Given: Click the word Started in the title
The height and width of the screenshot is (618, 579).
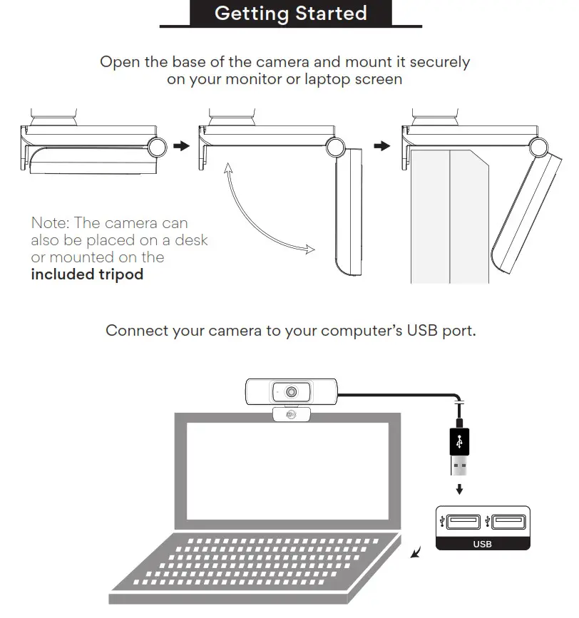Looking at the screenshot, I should pyautogui.click(x=330, y=14).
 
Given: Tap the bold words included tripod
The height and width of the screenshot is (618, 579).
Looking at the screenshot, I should pyautogui.click(x=87, y=274).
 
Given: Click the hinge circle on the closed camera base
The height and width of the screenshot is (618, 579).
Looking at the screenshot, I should pyautogui.click(x=159, y=147).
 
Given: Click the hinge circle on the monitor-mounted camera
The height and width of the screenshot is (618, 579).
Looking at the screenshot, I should pyautogui.click(x=539, y=147).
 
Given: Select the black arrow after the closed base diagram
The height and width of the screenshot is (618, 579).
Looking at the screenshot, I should pyautogui.click(x=183, y=146).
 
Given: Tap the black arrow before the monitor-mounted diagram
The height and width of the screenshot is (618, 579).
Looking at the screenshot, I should pyautogui.click(x=383, y=146).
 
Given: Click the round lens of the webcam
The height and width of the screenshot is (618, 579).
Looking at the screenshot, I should pyautogui.click(x=292, y=392).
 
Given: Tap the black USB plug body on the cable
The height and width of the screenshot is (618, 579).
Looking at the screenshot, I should pyautogui.click(x=460, y=442).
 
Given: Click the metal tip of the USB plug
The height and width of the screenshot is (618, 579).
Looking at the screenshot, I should pyautogui.click(x=460, y=467).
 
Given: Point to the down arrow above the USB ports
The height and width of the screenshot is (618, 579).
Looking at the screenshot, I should pyautogui.click(x=460, y=490).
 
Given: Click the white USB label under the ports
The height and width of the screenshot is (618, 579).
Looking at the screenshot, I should pyautogui.click(x=482, y=544).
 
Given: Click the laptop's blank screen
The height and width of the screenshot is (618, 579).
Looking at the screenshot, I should pyautogui.click(x=287, y=475).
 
